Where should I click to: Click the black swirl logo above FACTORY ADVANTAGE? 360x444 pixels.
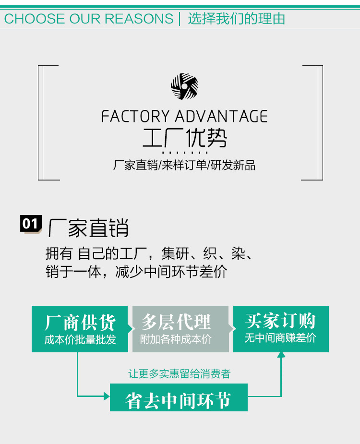[x=184, y=86]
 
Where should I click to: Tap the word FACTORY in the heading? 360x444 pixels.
[x=135, y=116]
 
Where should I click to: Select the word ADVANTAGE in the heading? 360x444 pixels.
[x=221, y=116]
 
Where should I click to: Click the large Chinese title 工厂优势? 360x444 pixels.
[x=185, y=138]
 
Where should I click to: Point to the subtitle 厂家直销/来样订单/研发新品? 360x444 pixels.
[x=184, y=165]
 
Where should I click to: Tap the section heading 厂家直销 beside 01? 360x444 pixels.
[x=88, y=228]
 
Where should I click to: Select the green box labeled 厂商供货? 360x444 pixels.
[x=80, y=329]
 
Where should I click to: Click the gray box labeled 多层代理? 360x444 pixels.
[x=180, y=329]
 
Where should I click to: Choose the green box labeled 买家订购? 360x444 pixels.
[x=281, y=329]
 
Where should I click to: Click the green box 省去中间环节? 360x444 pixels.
[x=179, y=397]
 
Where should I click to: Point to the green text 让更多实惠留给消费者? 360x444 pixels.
[x=180, y=374]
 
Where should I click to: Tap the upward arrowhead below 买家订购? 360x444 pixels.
[x=281, y=355]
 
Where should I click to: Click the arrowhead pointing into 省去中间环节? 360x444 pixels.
[x=107, y=396]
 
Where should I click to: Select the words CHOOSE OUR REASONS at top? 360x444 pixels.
[x=89, y=19]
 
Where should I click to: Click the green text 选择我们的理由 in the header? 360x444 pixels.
[x=236, y=19]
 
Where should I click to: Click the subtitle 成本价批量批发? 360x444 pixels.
[x=80, y=339]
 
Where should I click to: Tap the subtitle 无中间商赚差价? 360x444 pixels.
[x=280, y=338]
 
